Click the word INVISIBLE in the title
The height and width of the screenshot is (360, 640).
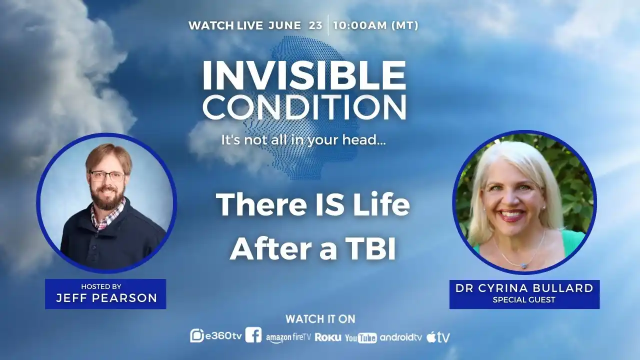(x=304, y=75)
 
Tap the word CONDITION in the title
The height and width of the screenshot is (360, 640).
(x=304, y=107)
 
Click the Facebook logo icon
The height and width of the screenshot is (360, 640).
(x=253, y=335)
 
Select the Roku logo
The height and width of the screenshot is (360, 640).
(x=328, y=337)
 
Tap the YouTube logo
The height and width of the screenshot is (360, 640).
(x=361, y=338)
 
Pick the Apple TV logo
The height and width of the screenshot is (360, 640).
(x=438, y=337)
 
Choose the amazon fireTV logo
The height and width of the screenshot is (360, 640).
(x=288, y=337)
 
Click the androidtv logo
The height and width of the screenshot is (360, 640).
(x=401, y=337)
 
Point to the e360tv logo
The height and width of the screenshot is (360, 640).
(x=216, y=336)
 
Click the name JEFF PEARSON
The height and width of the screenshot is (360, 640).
(x=106, y=298)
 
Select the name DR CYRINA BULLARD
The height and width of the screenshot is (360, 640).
(x=524, y=288)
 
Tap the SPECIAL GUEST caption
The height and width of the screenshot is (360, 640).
(x=524, y=299)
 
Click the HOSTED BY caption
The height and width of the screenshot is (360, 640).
(x=101, y=286)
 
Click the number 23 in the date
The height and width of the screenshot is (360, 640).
(x=315, y=25)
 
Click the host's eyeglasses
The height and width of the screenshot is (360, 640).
(x=107, y=176)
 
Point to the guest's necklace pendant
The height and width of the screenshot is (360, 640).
(x=524, y=265)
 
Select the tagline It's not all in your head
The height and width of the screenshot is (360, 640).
(x=303, y=140)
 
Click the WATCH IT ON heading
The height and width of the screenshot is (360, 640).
(x=320, y=319)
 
